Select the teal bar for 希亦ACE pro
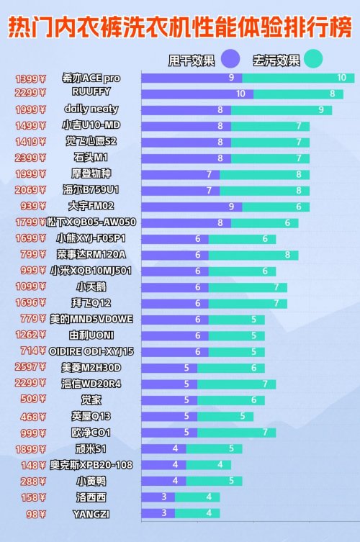298,78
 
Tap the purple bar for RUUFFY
197,94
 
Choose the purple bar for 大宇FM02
192,207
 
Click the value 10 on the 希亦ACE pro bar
341,78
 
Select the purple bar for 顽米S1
163,448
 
